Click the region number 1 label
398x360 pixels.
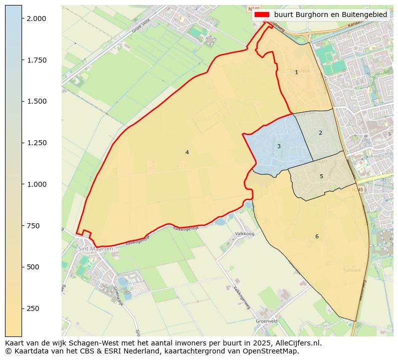tap(296, 73)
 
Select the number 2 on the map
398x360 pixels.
tap(320, 133)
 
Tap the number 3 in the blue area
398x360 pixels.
tap(279, 147)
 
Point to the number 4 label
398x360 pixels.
tap(187, 153)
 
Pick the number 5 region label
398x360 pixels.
tap(321, 177)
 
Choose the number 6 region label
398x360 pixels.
tap(317, 237)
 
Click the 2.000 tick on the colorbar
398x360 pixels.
tap(37, 19)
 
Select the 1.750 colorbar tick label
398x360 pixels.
tap(37, 60)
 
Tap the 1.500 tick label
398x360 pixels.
tap(37, 101)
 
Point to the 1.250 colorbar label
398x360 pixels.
tap(37, 143)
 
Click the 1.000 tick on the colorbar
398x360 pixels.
tap(37, 184)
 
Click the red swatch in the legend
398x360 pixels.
tap(262, 15)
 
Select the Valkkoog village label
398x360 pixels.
tap(245, 234)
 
